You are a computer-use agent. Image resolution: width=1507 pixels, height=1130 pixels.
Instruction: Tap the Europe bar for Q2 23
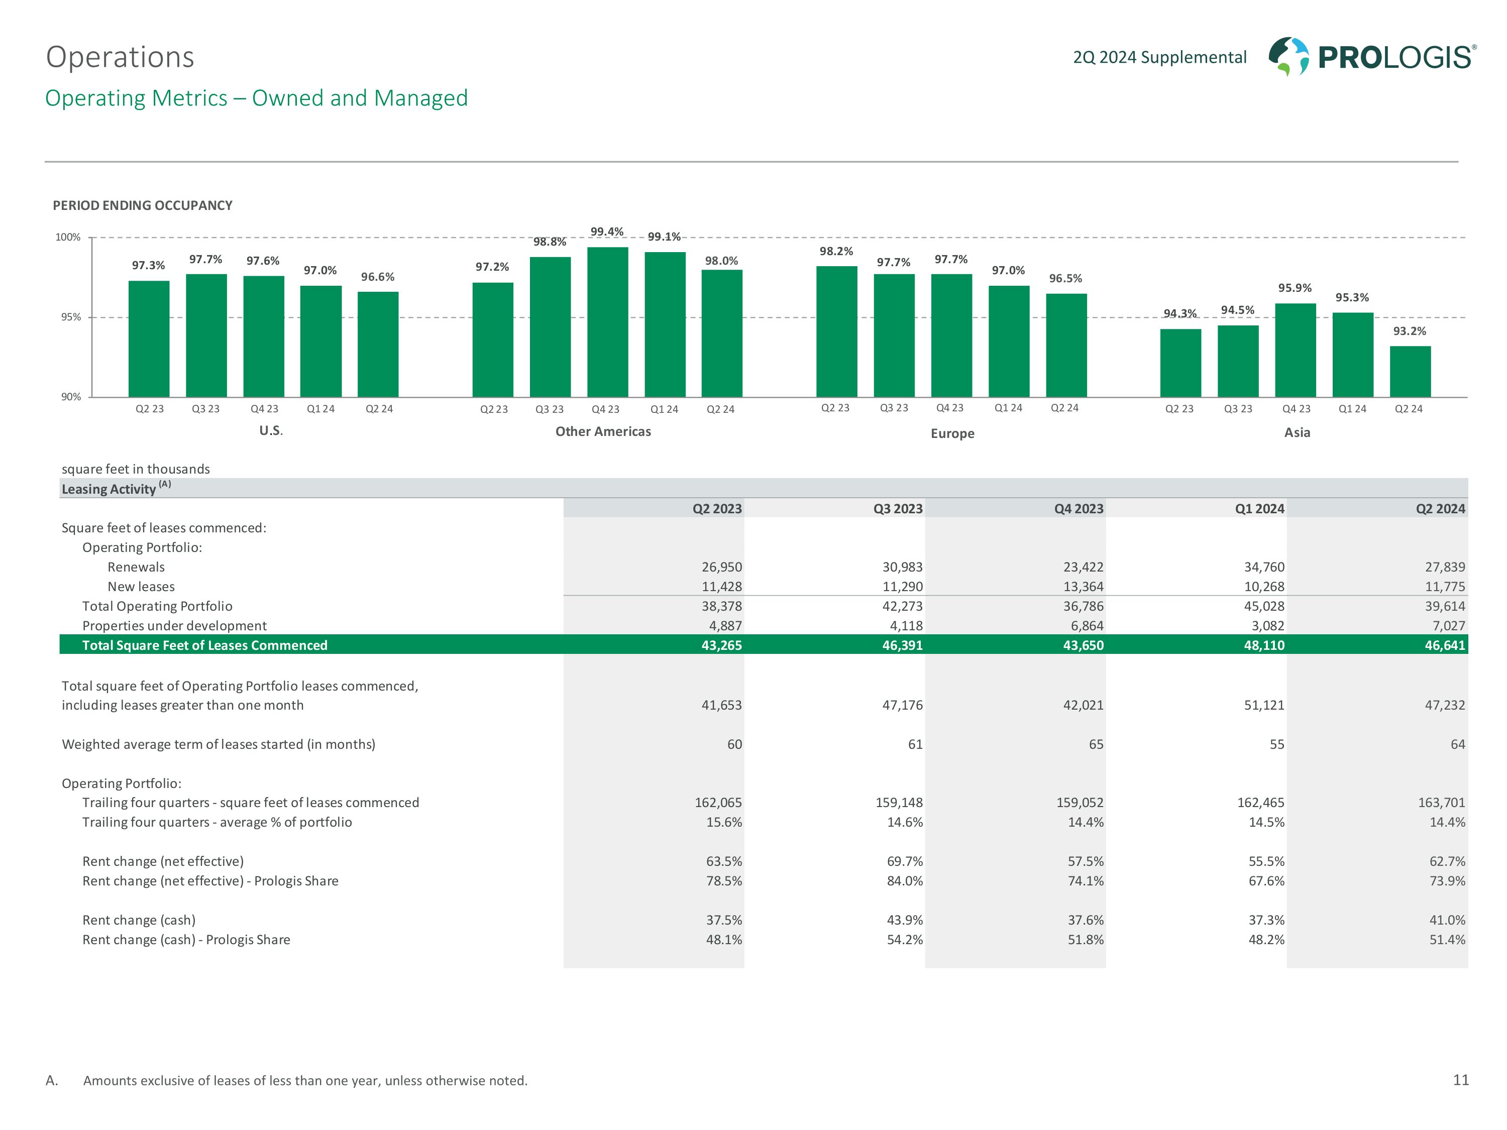(x=836, y=331)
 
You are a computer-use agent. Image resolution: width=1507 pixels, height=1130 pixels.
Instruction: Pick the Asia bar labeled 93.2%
(x=1410, y=371)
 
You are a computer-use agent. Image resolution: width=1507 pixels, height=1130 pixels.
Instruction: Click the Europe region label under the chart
(x=952, y=433)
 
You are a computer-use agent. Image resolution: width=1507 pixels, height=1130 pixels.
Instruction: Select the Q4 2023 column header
(x=1079, y=509)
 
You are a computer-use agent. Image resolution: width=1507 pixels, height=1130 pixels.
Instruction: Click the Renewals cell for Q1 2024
(x=1264, y=567)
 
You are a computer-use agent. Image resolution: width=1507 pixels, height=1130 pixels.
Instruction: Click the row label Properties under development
(x=174, y=625)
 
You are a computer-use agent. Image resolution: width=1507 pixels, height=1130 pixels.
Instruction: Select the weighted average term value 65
(x=1096, y=744)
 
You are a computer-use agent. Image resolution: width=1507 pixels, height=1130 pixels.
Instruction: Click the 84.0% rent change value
(x=905, y=881)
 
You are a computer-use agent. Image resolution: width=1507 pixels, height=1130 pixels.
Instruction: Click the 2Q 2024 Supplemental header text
(x=1159, y=57)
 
